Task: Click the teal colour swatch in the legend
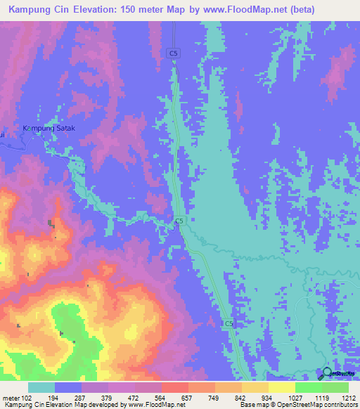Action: pos(41,387)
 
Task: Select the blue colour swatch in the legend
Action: pos(68,387)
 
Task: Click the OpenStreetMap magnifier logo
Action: pos(327,373)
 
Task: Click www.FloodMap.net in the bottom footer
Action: pos(152,405)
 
